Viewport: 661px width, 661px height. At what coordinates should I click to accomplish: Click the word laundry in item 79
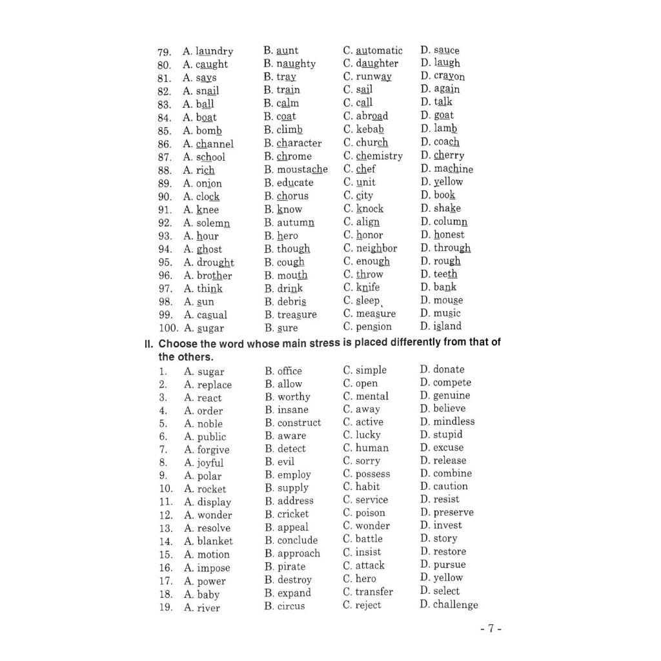click(214, 51)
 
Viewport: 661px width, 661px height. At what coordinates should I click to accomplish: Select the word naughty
click(296, 64)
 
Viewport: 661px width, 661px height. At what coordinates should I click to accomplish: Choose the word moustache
click(302, 169)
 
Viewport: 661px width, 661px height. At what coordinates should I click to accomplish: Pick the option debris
click(292, 301)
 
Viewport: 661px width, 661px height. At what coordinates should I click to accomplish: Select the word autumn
click(296, 222)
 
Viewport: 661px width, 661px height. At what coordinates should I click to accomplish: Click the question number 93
click(165, 236)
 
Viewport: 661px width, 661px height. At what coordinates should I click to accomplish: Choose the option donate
click(449, 369)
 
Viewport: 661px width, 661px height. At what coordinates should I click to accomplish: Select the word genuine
click(451, 396)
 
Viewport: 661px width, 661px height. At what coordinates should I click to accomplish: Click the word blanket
click(215, 541)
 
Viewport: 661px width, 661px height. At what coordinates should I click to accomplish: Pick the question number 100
click(167, 328)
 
